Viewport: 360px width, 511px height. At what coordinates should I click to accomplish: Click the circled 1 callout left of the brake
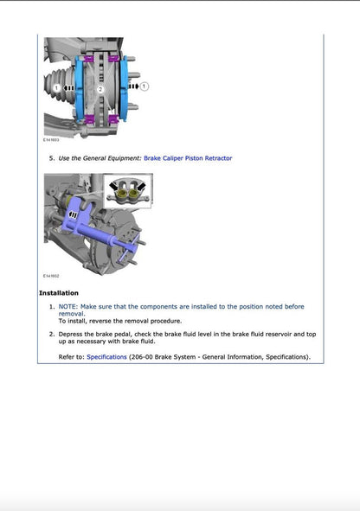point(56,88)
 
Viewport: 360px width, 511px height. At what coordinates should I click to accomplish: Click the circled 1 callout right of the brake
point(144,86)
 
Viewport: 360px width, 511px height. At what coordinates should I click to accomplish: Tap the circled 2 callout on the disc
point(100,88)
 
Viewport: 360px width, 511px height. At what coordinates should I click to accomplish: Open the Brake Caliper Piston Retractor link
point(187,158)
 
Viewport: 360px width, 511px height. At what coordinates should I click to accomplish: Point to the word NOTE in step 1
point(70,306)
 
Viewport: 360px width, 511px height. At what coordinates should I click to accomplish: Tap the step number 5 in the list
point(52,158)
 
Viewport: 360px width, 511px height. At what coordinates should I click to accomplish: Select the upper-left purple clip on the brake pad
point(90,59)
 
